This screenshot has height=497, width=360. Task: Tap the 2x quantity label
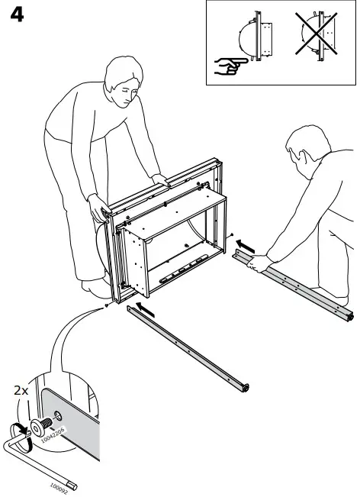[21, 390]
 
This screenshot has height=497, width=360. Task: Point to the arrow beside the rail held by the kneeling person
[243, 246]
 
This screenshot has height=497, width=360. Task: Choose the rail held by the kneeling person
[297, 286]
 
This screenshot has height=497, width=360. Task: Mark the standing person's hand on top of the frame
[159, 180]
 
